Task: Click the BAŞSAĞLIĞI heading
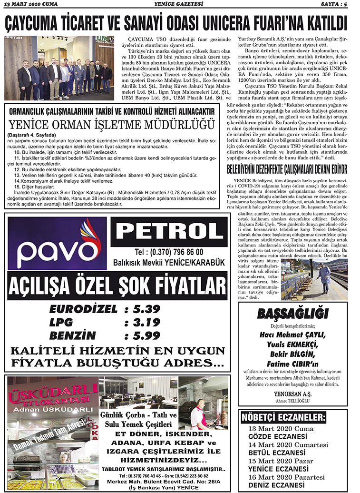coord(293,314)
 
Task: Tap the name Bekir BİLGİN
coord(293,355)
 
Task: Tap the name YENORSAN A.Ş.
coord(293,394)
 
